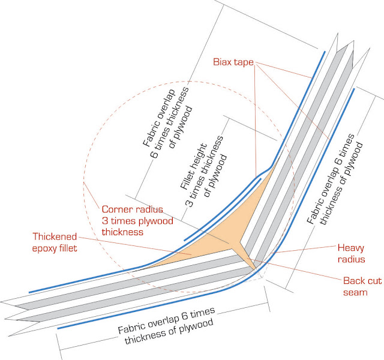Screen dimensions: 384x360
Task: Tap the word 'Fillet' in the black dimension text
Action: point(189,175)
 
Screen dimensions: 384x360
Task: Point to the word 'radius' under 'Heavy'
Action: point(352,259)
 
